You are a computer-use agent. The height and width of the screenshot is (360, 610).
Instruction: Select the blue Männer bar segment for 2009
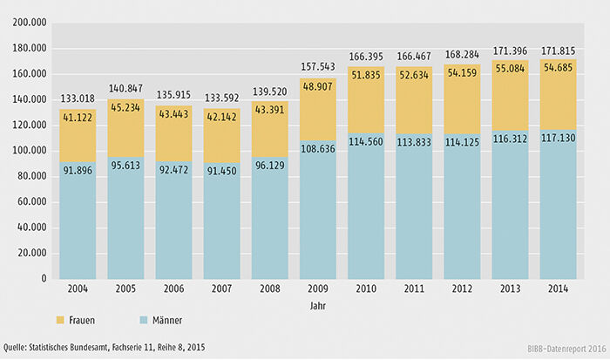pos(325,218)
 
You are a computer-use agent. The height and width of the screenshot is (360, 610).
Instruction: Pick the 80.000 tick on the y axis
pos(32,176)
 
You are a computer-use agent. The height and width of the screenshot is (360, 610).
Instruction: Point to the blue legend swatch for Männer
pos(144,320)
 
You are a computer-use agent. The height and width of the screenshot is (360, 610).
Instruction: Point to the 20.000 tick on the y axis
pos(32,253)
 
